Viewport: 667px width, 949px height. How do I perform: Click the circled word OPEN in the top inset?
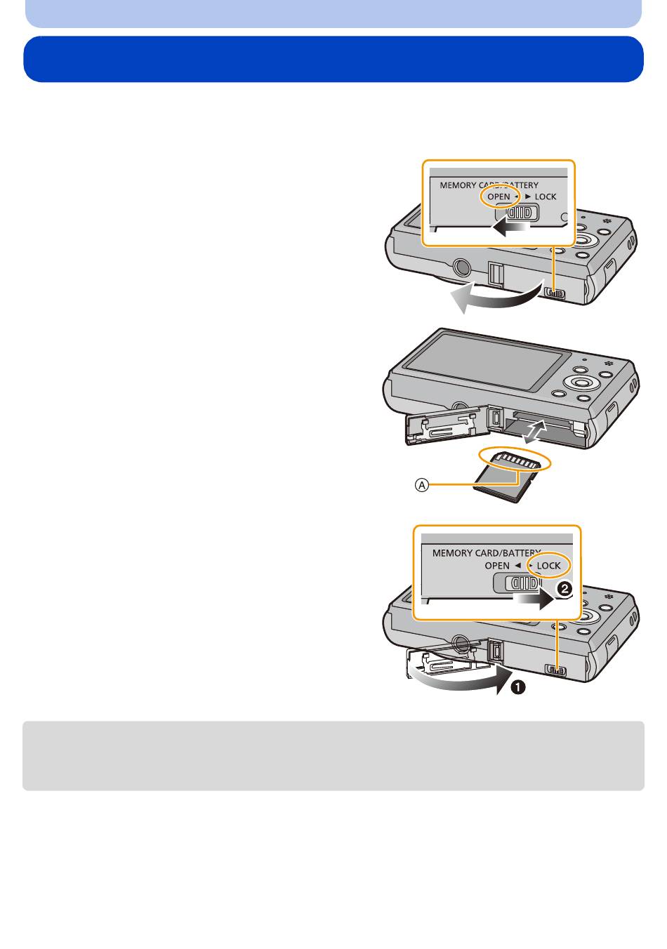click(x=498, y=197)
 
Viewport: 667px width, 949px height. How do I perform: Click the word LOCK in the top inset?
click(x=546, y=197)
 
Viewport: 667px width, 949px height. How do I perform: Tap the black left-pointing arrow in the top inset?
click(x=510, y=228)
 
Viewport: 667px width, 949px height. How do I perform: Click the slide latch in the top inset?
click(x=518, y=212)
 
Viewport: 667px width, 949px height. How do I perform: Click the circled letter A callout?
click(x=422, y=484)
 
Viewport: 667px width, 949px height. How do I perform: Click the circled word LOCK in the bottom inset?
click(x=548, y=566)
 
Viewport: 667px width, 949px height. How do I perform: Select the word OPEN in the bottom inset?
click(x=497, y=566)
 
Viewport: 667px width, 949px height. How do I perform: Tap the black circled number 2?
click(x=564, y=590)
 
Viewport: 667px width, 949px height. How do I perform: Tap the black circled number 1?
click(x=518, y=687)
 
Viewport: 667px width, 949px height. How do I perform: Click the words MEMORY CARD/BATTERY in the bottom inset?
click(x=487, y=553)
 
